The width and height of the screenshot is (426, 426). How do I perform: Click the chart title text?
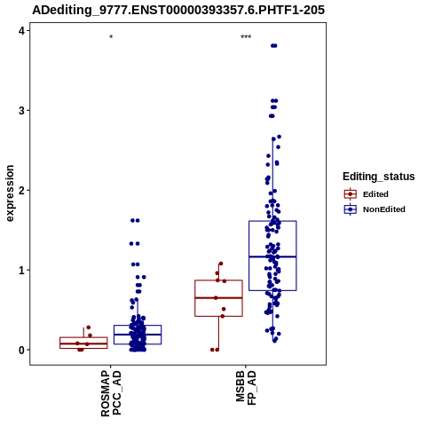[x=178, y=11]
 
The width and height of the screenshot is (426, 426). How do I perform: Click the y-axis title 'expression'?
[x=10, y=193]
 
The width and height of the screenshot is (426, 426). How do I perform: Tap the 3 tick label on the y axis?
[x=22, y=111]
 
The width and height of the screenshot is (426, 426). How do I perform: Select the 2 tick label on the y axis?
[x=22, y=191]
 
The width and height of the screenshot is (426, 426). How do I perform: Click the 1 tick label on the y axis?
[x=22, y=271]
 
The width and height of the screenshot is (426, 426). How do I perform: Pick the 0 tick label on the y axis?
[x=22, y=351]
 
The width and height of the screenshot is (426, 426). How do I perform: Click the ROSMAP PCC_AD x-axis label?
[x=111, y=393]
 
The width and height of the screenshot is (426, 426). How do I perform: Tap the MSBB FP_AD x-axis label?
[x=246, y=388]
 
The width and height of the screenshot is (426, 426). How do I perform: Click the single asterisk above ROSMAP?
[x=111, y=37]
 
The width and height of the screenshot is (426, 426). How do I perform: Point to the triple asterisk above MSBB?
[x=246, y=37]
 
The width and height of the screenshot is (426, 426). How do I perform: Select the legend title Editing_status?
[x=379, y=177]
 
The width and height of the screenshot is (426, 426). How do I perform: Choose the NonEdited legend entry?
[x=375, y=209]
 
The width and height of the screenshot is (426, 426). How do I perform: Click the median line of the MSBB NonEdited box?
[x=272, y=256]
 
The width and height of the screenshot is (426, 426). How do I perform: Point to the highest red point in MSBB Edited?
[x=221, y=264]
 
